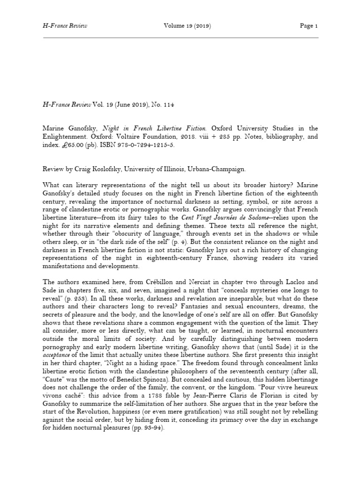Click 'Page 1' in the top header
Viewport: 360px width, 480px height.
pos(309,26)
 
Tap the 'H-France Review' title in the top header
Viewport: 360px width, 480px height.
pos(65,26)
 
